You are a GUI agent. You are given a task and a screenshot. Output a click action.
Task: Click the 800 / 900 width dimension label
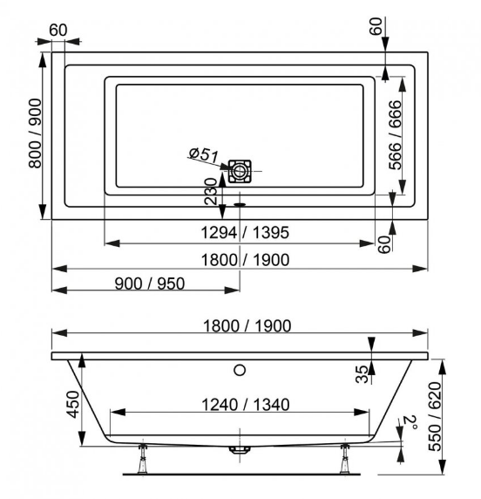tap(35, 133)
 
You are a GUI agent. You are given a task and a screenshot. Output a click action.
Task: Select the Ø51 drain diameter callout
tap(204, 154)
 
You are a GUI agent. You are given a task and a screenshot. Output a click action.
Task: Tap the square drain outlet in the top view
tap(240, 171)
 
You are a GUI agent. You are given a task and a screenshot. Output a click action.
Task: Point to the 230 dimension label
tap(211, 191)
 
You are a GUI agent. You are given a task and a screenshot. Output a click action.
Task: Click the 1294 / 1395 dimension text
tap(245, 232)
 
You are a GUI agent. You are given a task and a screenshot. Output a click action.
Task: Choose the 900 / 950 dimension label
tap(149, 284)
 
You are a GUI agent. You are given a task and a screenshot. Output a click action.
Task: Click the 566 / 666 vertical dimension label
tap(395, 135)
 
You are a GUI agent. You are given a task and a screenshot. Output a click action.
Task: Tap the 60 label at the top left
tap(58, 31)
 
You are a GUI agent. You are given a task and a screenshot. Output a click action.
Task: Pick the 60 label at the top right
tap(376, 26)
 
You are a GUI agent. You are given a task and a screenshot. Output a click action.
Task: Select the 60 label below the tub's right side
tap(384, 244)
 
